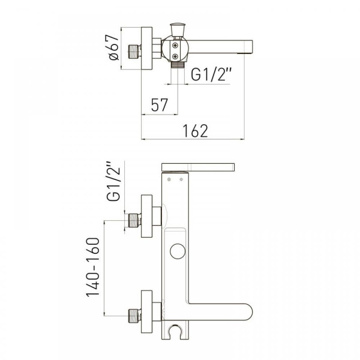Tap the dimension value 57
[160, 105]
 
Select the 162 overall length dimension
[196, 131]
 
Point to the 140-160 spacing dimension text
[93, 268]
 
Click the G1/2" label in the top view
[211, 74]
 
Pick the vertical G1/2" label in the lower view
[113, 181]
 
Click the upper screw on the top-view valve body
[175, 46]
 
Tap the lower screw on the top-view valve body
[175, 56]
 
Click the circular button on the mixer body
[178, 251]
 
